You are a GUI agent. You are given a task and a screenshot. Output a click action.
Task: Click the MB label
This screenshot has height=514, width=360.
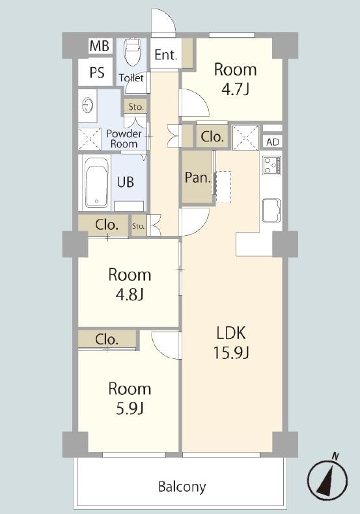pyautogui.click(x=99, y=46)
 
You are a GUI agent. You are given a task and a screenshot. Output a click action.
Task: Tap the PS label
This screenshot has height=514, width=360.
pyautogui.click(x=97, y=72)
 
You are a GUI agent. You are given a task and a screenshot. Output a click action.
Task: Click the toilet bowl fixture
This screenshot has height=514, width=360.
pyautogui.click(x=132, y=52)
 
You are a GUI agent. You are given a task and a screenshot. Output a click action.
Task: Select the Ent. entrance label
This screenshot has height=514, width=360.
pyautogui.click(x=166, y=55)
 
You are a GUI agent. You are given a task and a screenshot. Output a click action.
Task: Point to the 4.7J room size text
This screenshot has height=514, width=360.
pyautogui.click(x=236, y=89)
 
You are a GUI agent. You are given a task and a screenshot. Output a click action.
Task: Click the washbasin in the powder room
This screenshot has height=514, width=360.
pyautogui.click(x=87, y=106)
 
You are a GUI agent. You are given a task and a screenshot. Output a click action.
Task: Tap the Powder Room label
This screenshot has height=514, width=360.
pyautogui.click(x=124, y=139)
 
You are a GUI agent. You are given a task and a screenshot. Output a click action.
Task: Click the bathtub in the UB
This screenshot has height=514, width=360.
pyautogui.click(x=96, y=183)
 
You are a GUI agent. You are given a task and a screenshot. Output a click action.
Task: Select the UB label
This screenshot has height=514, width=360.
pyautogui.click(x=126, y=182)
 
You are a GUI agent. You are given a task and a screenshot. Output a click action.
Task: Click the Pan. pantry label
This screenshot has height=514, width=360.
pyautogui.click(x=198, y=177)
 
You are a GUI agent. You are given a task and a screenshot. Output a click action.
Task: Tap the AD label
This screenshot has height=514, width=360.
pyautogui.click(x=273, y=142)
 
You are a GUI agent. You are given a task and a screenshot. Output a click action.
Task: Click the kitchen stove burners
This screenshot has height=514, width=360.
pyautogui.click(x=272, y=165)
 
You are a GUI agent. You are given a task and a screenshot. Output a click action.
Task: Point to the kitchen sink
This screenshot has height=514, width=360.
pyautogui.click(x=271, y=210)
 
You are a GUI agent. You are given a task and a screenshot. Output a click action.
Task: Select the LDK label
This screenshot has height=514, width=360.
pyautogui.click(x=231, y=333)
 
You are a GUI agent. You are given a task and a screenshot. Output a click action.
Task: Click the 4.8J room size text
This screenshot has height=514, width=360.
pyautogui.click(x=130, y=294)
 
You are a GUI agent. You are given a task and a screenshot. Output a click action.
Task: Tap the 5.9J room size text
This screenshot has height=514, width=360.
pyautogui.click(x=130, y=408)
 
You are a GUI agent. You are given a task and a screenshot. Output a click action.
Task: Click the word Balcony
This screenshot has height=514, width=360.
pyautogui.click(x=182, y=487)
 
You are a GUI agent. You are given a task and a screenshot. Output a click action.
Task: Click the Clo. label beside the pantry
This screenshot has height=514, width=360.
pyautogui.click(x=212, y=136)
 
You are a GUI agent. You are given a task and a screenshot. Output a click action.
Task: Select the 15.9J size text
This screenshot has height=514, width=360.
pyautogui.click(x=232, y=352)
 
